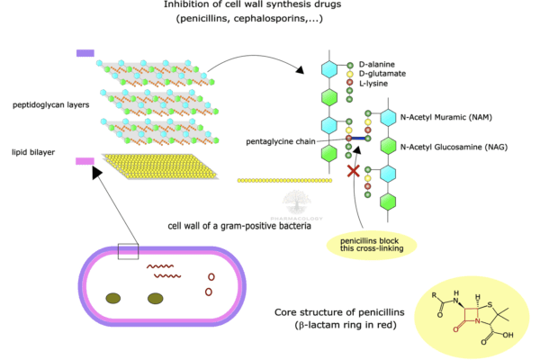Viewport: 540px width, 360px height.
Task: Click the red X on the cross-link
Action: coord(354,170)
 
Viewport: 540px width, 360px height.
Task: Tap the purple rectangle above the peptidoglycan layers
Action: coord(85,54)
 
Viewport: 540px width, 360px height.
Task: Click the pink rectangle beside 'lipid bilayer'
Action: coord(85,161)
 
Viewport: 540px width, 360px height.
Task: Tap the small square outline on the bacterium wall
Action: coord(128,250)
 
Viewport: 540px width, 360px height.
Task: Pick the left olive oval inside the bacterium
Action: coord(113,298)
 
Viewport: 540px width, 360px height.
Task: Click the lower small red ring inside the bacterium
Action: coord(209,292)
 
